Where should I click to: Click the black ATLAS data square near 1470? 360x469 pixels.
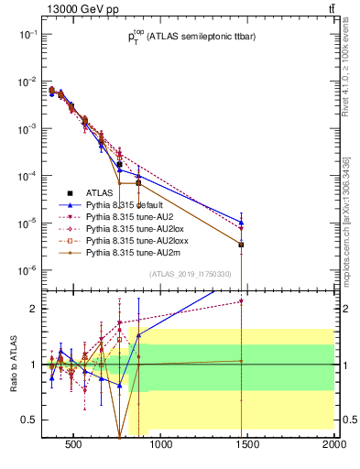point(241,245)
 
